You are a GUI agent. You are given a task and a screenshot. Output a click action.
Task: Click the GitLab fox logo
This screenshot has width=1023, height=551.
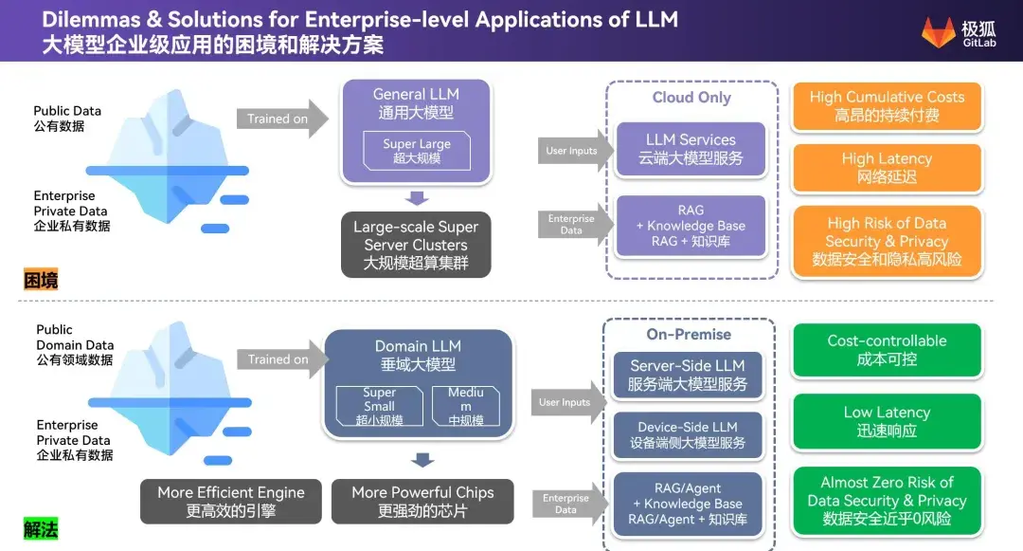coord(938,32)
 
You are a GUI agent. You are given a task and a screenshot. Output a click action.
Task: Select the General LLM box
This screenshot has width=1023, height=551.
coord(416,131)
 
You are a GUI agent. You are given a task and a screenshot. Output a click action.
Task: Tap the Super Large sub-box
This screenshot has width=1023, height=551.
coord(416,151)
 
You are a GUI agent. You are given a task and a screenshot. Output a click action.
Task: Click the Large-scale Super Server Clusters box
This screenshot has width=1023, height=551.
coord(416,245)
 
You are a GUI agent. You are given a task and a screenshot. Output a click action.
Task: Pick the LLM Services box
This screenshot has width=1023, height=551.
coord(691,149)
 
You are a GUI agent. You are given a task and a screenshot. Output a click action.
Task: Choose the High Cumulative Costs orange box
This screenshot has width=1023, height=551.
coord(887,106)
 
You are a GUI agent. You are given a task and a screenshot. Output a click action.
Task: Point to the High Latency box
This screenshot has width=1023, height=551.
coord(887,168)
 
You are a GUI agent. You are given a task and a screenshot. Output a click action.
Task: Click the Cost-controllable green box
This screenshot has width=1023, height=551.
coord(887,350)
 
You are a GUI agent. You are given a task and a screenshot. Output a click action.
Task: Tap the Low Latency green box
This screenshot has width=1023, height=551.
coord(887,421)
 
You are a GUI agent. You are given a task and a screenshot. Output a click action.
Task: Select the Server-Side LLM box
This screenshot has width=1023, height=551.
coord(688,375)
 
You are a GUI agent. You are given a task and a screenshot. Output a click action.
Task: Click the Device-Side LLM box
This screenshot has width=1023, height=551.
coord(688,434)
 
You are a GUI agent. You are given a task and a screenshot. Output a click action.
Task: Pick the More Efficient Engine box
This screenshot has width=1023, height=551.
coord(231,502)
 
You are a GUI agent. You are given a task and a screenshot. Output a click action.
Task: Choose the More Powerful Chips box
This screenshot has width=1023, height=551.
coord(422,502)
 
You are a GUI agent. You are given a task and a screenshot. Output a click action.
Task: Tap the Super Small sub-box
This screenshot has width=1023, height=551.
coord(379,406)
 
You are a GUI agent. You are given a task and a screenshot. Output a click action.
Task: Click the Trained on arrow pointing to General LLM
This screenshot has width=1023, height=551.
coord(282,119)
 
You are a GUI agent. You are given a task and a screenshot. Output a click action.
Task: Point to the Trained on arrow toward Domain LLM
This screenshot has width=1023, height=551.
coord(282,359)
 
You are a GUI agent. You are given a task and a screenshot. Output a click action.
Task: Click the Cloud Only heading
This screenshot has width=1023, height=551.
coord(691,98)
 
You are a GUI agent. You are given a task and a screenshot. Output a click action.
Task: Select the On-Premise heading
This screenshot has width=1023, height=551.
coord(689,334)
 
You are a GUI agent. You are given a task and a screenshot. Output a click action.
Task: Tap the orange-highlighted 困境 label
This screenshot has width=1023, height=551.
coord(41,280)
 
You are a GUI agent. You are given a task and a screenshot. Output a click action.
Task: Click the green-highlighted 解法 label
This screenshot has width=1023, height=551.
coord(41,529)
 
